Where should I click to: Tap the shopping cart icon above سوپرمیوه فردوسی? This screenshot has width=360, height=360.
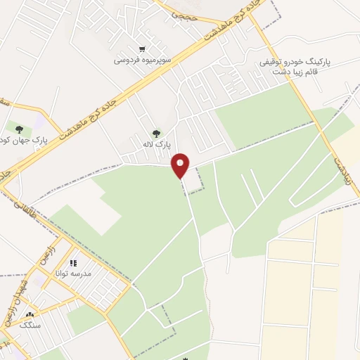142,49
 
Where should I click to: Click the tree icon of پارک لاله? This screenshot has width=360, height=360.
155,133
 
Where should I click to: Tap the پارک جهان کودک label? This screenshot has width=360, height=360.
41,140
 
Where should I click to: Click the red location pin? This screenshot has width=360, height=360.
181,165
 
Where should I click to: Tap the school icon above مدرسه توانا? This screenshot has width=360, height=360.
73,263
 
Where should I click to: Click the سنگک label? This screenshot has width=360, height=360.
30,325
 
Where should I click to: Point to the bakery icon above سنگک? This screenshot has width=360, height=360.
30,314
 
